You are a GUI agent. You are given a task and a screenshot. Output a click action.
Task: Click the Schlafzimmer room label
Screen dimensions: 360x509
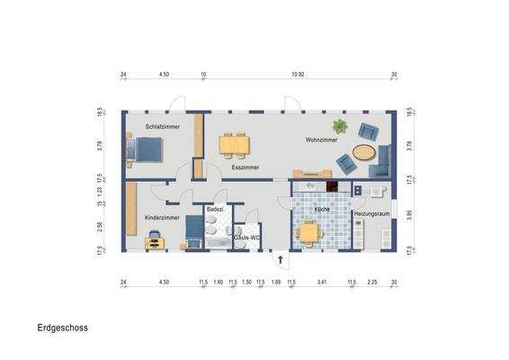pos(163,127)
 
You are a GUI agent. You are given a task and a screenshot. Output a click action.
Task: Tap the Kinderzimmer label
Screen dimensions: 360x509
pos(162,218)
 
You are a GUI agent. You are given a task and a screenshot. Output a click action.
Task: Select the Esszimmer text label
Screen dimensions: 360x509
pos(245,167)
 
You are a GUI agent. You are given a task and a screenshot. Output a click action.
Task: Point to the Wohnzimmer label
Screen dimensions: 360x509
pos(321,140)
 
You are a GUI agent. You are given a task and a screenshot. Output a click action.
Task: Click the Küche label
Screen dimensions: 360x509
pos(322,209)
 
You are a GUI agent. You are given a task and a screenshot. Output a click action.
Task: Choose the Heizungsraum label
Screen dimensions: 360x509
pos(371,213)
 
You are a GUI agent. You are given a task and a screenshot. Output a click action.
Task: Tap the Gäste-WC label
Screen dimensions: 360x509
pos(246,238)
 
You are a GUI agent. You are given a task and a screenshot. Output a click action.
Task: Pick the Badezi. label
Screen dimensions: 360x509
pos(215,209)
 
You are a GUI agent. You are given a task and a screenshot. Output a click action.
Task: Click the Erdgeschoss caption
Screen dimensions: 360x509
pos(62,329)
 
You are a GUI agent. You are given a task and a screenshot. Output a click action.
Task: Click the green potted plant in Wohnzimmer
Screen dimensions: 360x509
pos(340,127)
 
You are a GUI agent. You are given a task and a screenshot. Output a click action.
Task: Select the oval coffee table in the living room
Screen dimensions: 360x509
pos(363,151)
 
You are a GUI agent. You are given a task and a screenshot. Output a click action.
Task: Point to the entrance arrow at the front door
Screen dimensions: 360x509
pos(281,259)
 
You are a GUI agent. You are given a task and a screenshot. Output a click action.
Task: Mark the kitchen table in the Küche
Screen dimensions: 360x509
pos(309,232)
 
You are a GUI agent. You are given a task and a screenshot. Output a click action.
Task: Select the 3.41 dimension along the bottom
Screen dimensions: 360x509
pos(321,283)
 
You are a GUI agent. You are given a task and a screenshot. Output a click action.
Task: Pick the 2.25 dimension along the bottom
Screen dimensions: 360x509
pos(371,283)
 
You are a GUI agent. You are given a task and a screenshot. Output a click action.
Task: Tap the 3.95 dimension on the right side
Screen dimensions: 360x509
pos(409,215)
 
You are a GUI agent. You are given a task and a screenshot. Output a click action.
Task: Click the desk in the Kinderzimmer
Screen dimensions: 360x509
pos(154,236)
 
